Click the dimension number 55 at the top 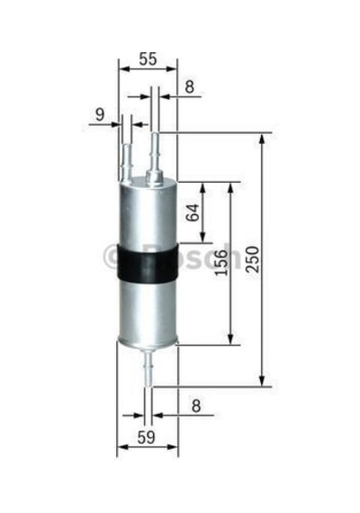148,59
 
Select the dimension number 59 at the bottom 147,437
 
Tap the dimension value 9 100,114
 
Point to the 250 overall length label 253,259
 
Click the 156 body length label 221,263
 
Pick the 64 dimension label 193,212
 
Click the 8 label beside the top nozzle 190,86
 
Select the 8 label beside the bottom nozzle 195,406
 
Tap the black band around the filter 148,262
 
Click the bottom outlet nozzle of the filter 148,367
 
